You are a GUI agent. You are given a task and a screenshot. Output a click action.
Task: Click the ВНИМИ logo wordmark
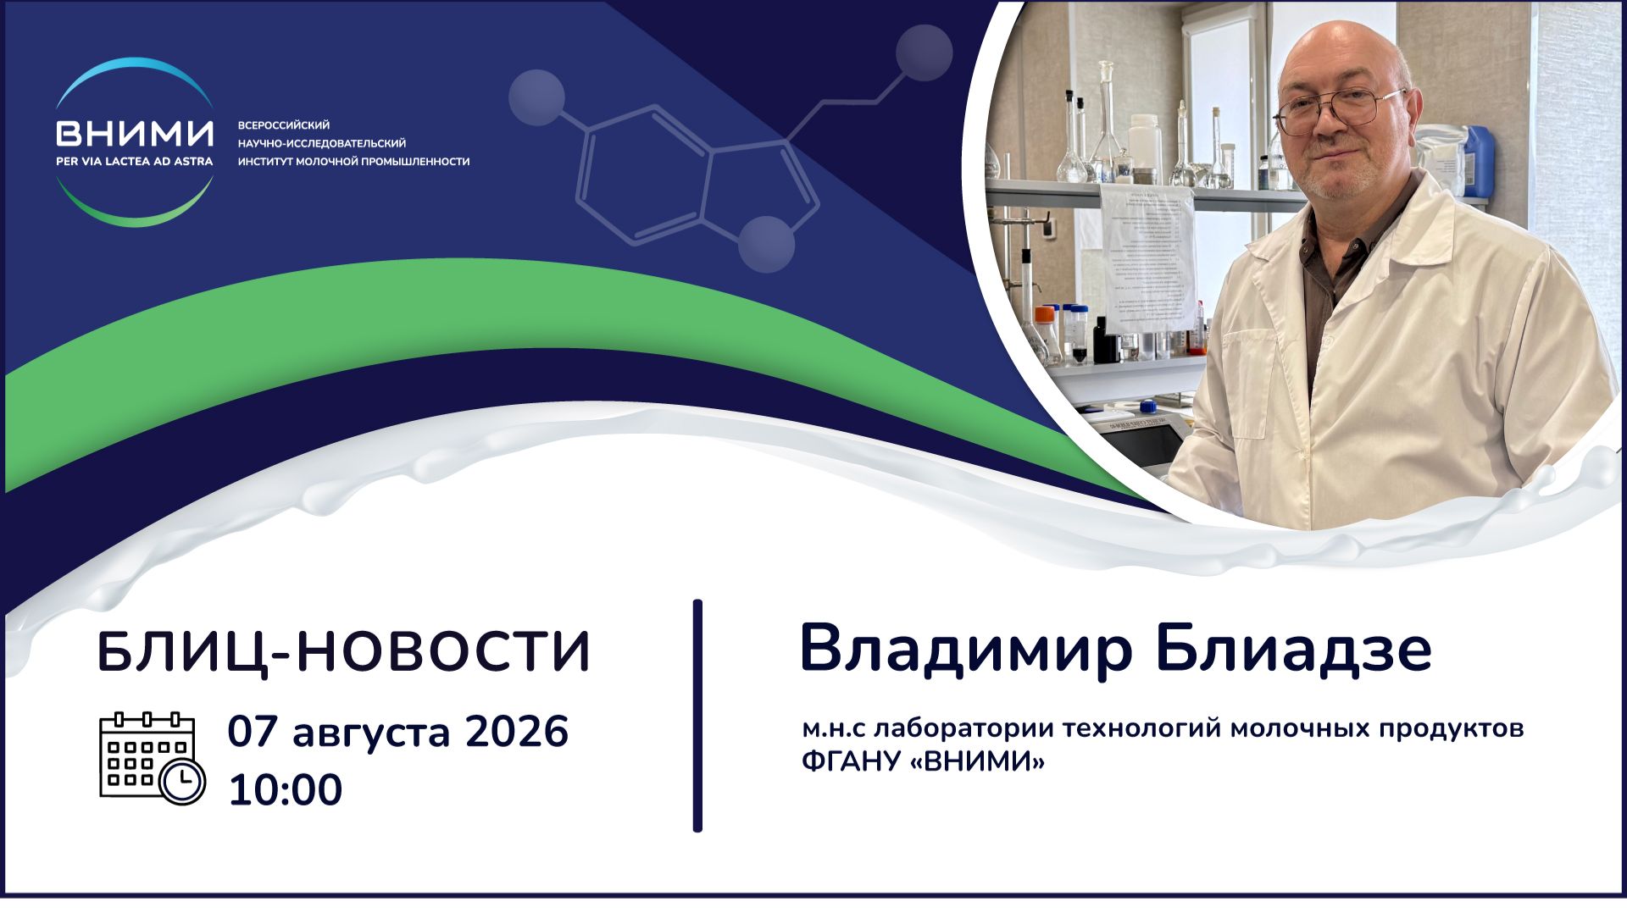click(x=135, y=133)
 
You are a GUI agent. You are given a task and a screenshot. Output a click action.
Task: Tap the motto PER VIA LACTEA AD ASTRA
click(x=135, y=160)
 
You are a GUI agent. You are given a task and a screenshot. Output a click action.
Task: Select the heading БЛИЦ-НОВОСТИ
click(x=344, y=652)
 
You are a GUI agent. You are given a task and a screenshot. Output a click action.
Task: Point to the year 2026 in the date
click(x=517, y=732)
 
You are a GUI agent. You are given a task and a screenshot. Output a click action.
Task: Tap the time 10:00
click(x=286, y=789)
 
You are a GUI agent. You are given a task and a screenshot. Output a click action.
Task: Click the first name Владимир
click(x=966, y=650)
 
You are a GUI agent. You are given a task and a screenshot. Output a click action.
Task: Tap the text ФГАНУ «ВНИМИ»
click(x=924, y=762)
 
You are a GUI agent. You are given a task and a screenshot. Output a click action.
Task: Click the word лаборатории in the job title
click(x=963, y=729)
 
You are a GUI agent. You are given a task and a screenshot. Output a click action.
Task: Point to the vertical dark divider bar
click(x=697, y=716)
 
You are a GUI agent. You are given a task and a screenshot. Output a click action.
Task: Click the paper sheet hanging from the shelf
click(x=1147, y=257)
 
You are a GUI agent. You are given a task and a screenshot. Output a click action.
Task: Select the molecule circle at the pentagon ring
click(x=766, y=244)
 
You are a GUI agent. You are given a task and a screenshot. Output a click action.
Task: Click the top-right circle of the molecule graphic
click(x=925, y=53)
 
